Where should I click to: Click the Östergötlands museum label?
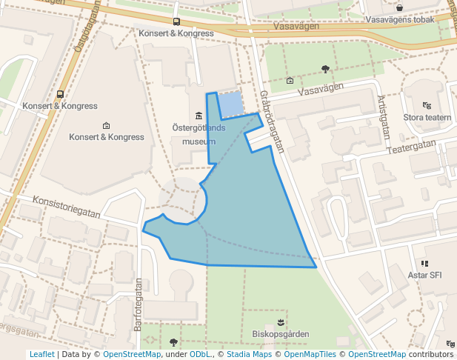[199, 134]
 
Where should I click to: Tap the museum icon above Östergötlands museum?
[199, 116]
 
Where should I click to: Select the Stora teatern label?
[427, 117]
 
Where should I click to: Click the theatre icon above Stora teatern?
[427, 105]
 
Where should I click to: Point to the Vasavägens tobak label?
[399, 20]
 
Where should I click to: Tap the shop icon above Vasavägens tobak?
[399, 7]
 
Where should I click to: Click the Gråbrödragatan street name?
[272, 121]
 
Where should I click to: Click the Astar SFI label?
[424, 275]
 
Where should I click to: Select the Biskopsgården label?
[280, 334]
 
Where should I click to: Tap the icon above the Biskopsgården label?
[280, 321]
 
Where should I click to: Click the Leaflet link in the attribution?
[41, 355]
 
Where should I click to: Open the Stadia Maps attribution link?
[249, 355]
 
